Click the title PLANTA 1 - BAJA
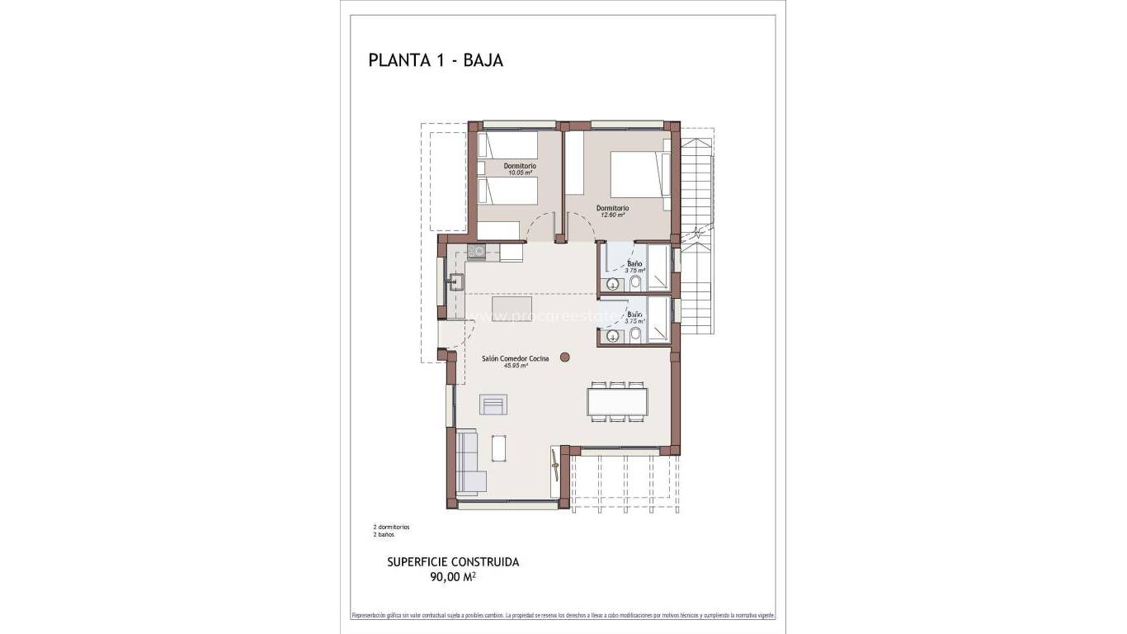coord(435,60)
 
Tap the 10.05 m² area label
coord(520,173)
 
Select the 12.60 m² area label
coord(612,215)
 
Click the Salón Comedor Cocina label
coord(515,359)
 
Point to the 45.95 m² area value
coord(516,366)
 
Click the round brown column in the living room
coord(565,357)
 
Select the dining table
coord(618,402)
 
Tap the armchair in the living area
coord(493,405)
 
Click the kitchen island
coord(512,308)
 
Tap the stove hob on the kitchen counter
coord(477,251)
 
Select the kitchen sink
coord(453,282)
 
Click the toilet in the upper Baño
coord(634,284)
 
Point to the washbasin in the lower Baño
coord(612,336)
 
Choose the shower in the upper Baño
coord(658,267)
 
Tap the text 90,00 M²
coord(453,578)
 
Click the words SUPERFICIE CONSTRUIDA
coord(453,562)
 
